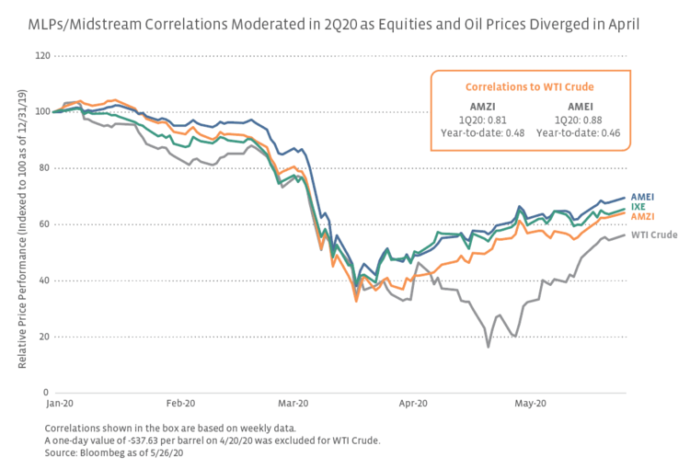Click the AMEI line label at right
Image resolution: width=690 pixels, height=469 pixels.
pyautogui.click(x=643, y=197)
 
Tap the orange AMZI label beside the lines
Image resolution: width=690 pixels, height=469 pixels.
pyautogui.click(x=643, y=215)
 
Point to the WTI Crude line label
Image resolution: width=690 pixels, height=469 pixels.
pyautogui.click(x=652, y=234)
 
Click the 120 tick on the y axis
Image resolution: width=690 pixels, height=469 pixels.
pyautogui.click(x=42, y=56)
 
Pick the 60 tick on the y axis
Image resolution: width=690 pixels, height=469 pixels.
pyautogui.click(x=45, y=224)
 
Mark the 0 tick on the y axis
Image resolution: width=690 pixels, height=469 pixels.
pyautogui.click(x=48, y=393)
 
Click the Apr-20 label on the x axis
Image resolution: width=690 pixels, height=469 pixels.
pyautogui.click(x=414, y=403)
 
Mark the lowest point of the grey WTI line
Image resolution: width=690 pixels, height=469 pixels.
pyautogui.click(x=489, y=347)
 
